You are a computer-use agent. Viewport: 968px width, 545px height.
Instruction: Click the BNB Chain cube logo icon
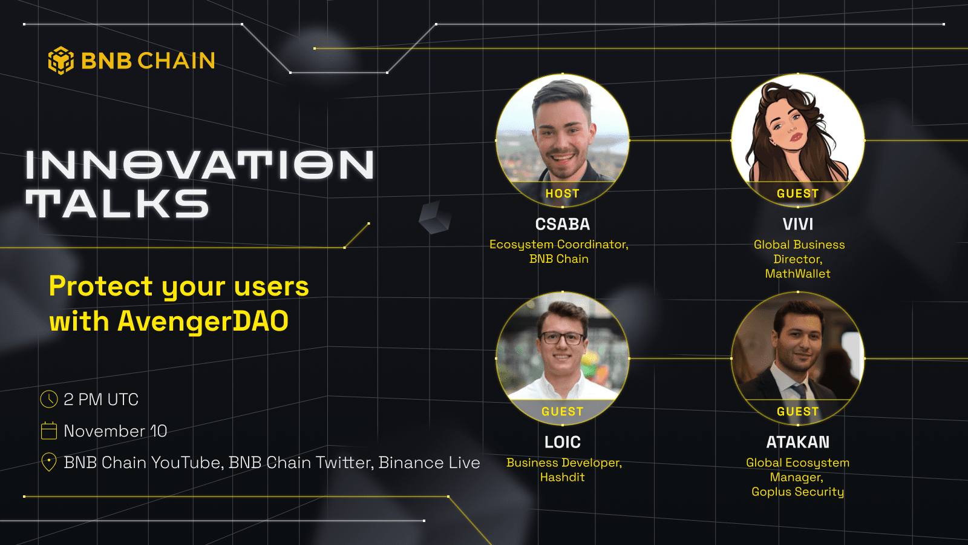pos(60,61)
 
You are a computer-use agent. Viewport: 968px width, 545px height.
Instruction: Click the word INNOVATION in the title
pos(200,165)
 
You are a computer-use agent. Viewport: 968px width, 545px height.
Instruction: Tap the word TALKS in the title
pos(117,203)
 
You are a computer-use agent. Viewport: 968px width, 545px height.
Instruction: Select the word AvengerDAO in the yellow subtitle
pos(203,321)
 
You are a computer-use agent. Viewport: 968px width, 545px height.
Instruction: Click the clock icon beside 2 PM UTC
pos(48,399)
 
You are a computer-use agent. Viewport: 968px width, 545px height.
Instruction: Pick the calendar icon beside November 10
pos(48,431)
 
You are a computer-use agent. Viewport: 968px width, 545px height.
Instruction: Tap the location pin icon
pos(48,462)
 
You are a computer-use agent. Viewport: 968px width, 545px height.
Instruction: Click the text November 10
pos(115,431)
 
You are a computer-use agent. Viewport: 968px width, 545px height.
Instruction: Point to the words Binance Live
pos(429,463)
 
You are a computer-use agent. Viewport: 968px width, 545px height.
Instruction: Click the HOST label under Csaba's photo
pos(562,194)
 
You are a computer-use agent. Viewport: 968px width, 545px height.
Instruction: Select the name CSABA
pos(562,224)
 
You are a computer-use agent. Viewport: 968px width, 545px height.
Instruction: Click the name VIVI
pos(797,224)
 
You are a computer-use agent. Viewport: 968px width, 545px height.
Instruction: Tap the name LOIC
pos(562,442)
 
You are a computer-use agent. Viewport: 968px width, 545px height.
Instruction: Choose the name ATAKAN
pos(797,442)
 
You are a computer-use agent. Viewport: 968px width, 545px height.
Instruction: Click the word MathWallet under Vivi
pos(797,274)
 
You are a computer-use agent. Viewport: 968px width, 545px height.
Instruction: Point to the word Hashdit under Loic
pos(562,477)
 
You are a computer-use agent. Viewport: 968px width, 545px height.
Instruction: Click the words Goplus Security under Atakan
pos(797,492)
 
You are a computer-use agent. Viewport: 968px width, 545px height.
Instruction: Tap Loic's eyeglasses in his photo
pos(562,338)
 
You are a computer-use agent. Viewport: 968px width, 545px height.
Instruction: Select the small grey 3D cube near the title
pos(434,217)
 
